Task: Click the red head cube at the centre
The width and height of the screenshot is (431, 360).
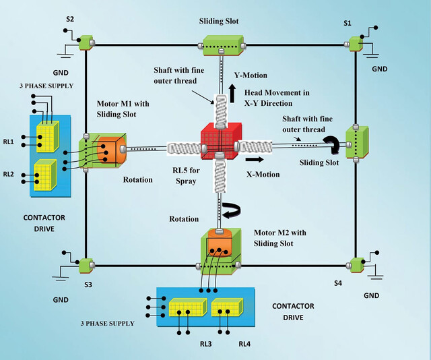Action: pos(222,141)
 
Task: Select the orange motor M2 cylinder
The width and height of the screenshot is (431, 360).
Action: pos(220,243)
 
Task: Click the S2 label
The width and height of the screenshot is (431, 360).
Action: pos(70,20)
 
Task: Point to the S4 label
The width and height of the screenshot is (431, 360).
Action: pos(338,283)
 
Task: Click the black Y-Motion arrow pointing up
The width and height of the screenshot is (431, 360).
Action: pos(232,94)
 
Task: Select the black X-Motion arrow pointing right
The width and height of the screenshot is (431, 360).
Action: pos(255,159)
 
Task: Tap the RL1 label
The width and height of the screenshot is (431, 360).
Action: pos(8,142)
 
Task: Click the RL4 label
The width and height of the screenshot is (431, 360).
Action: pos(244,344)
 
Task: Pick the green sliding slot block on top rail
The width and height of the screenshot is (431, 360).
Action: pos(223,45)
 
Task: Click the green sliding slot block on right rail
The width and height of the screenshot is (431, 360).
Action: pos(357,142)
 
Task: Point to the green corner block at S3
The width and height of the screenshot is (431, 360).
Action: pos(86,266)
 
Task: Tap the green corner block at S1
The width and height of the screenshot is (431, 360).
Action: pos(356,44)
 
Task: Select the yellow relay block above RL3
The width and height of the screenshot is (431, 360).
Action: pos(188,307)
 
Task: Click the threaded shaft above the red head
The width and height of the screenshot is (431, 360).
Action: pos(221,111)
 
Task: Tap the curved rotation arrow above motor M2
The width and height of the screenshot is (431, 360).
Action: pos(232,211)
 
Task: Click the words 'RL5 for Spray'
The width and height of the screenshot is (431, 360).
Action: pos(186,175)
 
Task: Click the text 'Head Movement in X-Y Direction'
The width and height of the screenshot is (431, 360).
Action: pos(277,98)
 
